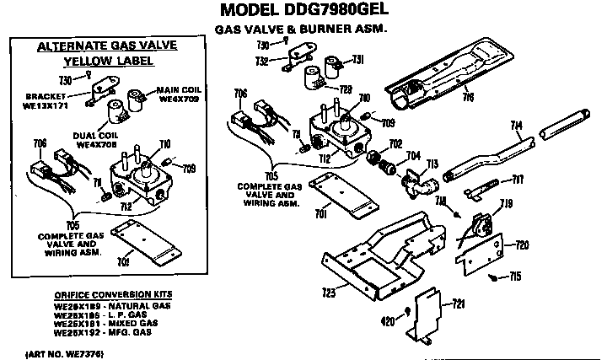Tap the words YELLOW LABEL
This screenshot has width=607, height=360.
102,62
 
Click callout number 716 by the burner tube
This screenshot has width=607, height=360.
468,97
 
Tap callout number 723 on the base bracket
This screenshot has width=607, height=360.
330,291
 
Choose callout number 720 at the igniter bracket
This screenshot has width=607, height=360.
522,244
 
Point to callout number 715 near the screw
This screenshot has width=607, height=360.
515,277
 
